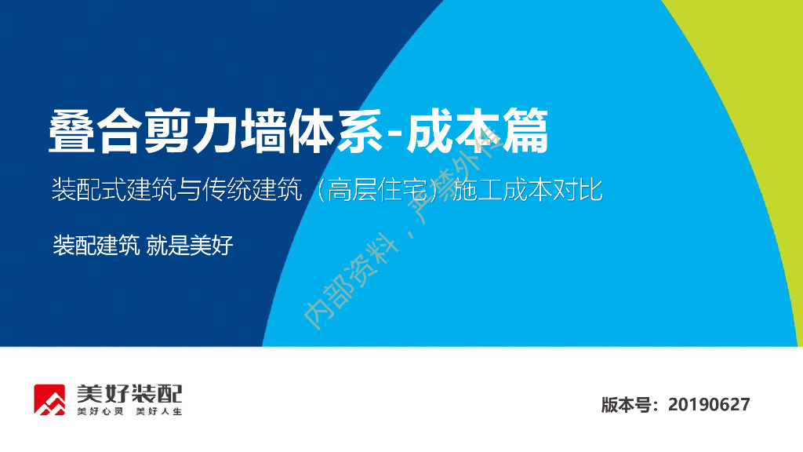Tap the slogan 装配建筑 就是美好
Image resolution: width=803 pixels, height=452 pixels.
point(143,245)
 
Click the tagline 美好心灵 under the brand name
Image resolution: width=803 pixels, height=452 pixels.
point(100,412)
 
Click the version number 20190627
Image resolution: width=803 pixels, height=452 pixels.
point(709,405)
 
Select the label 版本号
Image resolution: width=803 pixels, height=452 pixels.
point(627,405)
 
